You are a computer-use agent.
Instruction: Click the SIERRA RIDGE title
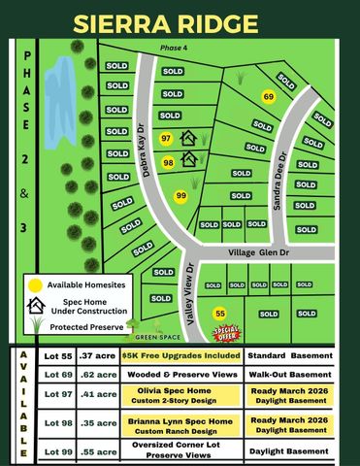(180, 20)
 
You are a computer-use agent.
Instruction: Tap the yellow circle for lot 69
(269, 96)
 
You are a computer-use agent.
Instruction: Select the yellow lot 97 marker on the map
(166, 139)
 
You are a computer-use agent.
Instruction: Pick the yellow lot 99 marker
(180, 196)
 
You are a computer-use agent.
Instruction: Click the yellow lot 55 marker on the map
(220, 314)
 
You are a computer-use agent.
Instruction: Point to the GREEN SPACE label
(156, 336)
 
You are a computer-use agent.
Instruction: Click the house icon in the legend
(37, 305)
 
